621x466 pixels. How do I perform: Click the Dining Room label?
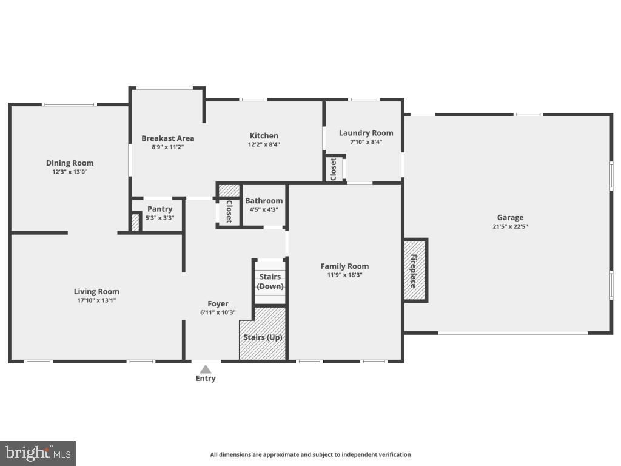click(x=70, y=163)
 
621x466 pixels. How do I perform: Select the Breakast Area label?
click(x=168, y=138)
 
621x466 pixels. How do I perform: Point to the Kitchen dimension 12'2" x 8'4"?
click(x=264, y=145)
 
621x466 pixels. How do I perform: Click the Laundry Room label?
click(x=366, y=133)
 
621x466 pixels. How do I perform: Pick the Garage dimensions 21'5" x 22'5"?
click(x=510, y=227)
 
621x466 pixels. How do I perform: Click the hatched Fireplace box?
click(x=415, y=270)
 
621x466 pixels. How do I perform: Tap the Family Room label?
click(x=344, y=266)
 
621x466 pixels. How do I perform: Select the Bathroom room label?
click(x=264, y=201)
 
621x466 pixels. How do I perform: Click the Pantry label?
click(x=159, y=209)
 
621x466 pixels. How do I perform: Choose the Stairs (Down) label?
click(x=270, y=282)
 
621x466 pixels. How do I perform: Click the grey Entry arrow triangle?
click(x=206, y=369)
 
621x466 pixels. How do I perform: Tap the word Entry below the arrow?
click(x=206, y=379)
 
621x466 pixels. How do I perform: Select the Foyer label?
click(x=218, y=304)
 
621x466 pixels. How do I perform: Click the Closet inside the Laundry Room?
click(x=334, y=169)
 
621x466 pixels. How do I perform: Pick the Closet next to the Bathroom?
click(x=229, y=212)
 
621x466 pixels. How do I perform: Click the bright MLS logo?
click(x=38, y=453)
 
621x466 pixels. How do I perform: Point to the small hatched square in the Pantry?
click(x=135, y=223)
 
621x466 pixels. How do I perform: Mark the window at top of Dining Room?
click(x=69, y=104)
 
